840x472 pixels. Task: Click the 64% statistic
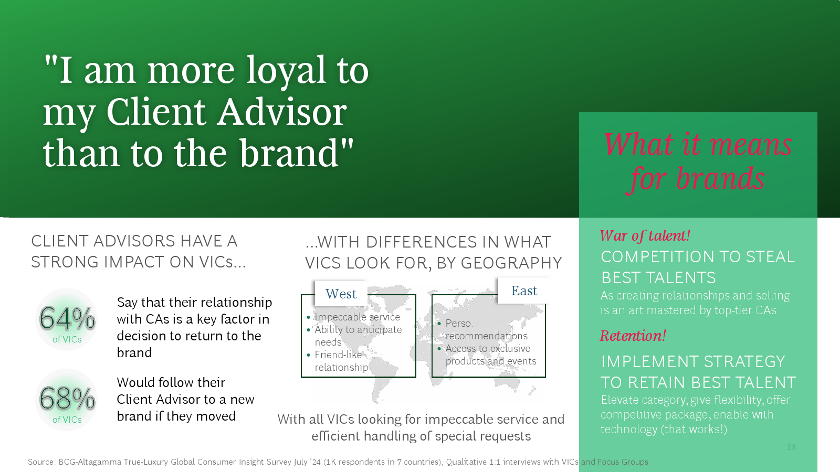point(67,318)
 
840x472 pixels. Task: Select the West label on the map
point(341,294)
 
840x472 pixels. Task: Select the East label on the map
point(524,291)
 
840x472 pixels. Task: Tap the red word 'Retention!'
point(633,336)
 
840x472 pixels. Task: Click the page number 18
point(791,446)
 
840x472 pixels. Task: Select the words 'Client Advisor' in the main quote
point(226,112)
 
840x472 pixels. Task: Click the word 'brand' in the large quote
point(289,153)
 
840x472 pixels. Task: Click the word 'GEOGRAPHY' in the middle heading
point(511,263)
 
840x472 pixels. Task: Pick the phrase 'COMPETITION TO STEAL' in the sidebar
point(698,257)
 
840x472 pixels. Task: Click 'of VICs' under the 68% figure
point(67,420)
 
